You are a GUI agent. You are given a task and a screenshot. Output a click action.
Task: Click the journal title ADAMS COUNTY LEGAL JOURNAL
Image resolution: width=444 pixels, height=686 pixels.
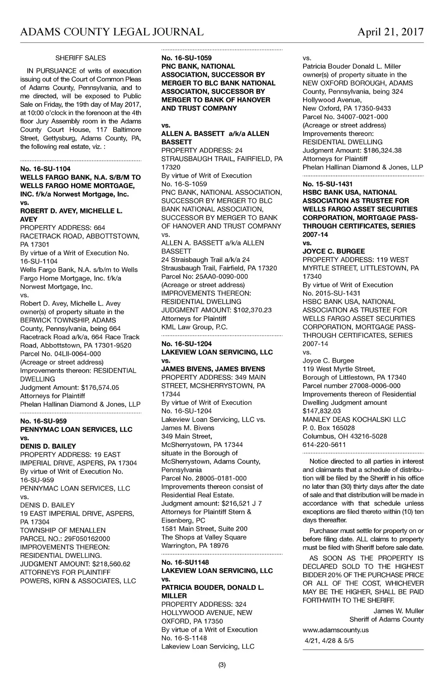(x=112, y=32)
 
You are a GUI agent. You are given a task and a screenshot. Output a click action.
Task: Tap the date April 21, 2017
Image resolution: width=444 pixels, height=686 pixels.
(x=390, y=32)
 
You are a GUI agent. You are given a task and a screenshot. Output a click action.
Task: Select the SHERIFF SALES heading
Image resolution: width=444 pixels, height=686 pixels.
(x=81, y=58)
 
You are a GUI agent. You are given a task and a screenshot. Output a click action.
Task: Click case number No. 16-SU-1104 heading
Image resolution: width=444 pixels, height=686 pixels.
(x=45, y=169)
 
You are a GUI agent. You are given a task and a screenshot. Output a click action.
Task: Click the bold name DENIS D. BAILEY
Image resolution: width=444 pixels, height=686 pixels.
(x=48, y=446)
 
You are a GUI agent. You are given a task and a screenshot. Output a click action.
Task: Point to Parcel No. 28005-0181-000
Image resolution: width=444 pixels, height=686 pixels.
(x=204, y=478)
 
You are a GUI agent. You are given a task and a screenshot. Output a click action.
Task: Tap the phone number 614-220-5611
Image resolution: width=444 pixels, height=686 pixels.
(x=324, y=445)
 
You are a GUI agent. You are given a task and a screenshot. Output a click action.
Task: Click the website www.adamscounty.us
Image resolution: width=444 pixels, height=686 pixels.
(x=336, y=630)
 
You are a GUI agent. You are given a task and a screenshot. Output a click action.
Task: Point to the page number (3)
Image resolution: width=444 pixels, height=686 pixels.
(x=222, y=665)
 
